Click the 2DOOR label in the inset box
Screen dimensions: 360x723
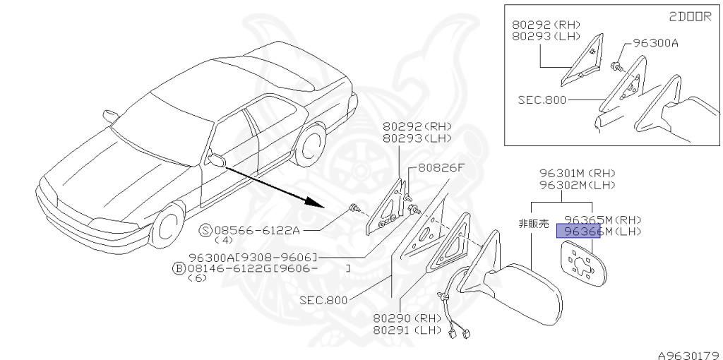[x=689, y=17]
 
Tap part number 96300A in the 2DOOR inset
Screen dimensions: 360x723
[x=655, y=43]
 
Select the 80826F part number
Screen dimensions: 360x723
[x=441, y=168]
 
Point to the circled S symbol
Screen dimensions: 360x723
[x=205, y=229]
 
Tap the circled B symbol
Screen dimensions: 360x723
[x=180, y=268]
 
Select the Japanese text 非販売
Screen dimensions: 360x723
[x=533, y=224]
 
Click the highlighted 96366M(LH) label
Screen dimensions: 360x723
[x=578, y=231]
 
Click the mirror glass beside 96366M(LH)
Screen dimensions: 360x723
[x=583, y=263]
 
